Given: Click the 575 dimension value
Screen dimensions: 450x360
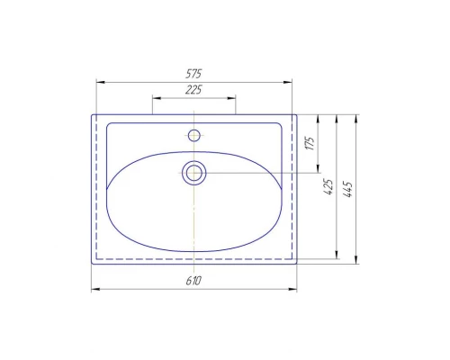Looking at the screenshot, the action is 193,74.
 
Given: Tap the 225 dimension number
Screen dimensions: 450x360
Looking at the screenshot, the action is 193,90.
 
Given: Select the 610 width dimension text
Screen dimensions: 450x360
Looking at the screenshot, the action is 193,281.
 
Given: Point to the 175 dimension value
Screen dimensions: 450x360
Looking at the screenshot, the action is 310,143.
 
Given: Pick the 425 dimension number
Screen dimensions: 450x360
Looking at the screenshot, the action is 329,187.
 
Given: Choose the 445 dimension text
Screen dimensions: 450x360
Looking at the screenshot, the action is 348,189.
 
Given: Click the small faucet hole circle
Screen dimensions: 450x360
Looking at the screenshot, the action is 194,135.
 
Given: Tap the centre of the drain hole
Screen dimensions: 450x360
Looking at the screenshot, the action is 194,173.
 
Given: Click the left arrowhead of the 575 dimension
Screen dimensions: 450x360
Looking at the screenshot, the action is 101,82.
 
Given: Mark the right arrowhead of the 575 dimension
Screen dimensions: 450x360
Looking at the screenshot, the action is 287,82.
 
